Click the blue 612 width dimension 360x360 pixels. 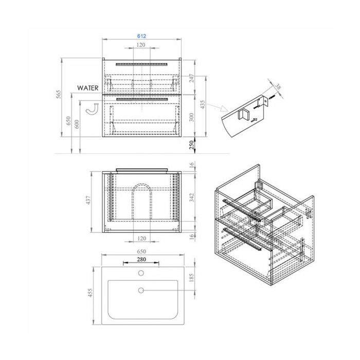pos(141,36)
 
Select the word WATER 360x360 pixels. pos(88,88)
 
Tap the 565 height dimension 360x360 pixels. pos(59,94)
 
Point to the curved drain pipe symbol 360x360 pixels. pos(92,110)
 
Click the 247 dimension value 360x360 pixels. pos(192,78)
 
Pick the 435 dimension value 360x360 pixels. pos(203,104)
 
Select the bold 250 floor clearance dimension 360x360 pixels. pos(191,145)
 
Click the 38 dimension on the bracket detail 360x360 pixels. pos(278,87)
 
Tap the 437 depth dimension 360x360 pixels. pos(89,200)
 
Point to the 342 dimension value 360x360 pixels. pos(192,197)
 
